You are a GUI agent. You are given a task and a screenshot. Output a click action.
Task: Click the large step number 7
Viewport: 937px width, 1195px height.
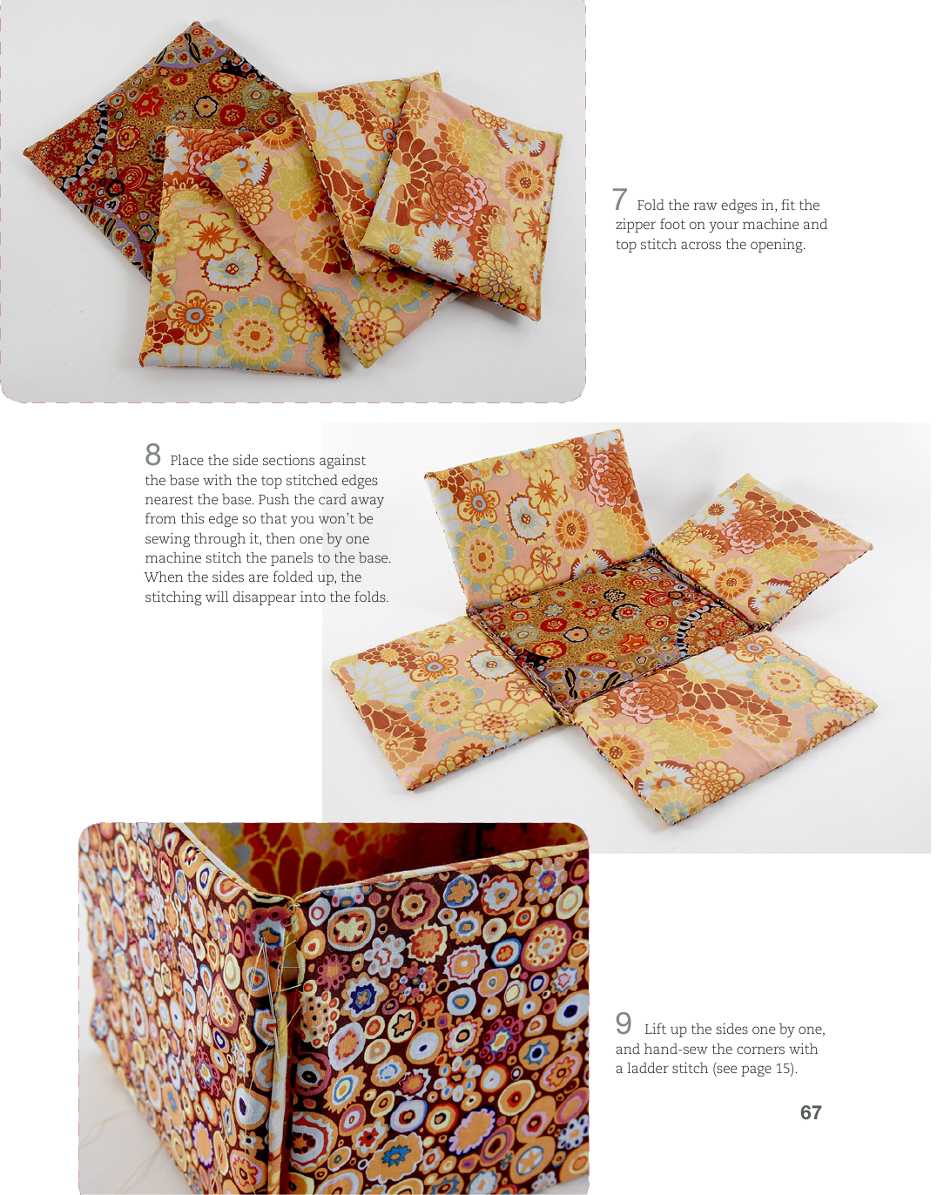click(x=620, y=199)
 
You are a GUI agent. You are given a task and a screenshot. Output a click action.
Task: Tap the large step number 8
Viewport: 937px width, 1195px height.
click(x=152, y=455)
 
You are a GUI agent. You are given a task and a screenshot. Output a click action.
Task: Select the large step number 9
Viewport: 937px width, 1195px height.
click(x=624, y=1023)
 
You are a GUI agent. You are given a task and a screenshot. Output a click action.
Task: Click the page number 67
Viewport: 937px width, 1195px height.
click(x=811, y=1112)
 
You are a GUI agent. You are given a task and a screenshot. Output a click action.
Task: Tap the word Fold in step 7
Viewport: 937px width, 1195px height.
click(x=651, y=206)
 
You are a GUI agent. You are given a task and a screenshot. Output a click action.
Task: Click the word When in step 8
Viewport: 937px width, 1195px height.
click(x=160, y=577)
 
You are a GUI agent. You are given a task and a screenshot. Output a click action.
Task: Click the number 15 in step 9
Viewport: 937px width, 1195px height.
click(x=783, y=1068)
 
